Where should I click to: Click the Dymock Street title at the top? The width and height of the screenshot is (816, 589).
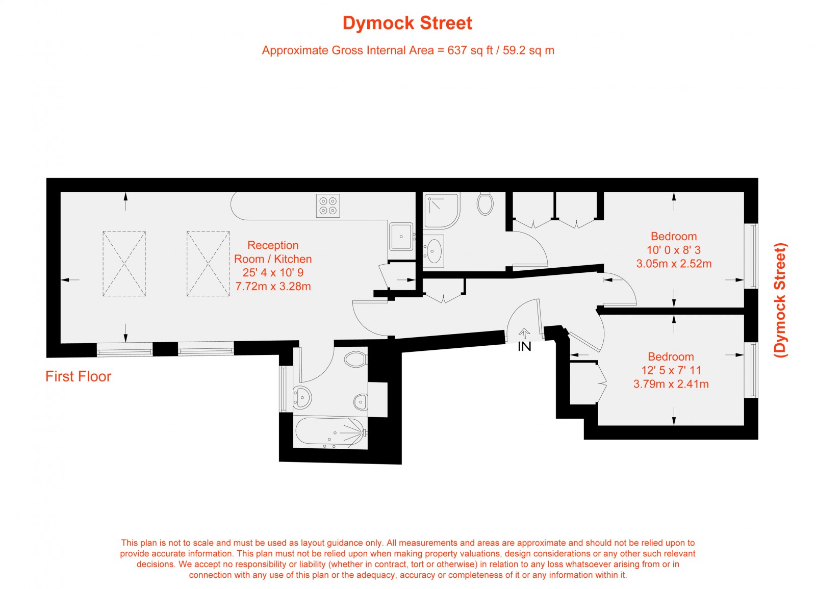[407, 23]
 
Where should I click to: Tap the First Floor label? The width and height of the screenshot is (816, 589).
[78, 376]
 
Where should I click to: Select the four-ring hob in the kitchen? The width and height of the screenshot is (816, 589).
[328, 206]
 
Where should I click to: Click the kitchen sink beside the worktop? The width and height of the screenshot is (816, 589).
[401, 236]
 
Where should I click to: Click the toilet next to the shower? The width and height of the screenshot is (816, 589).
[484, 203]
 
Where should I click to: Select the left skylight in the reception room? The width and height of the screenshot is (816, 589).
[124, 264]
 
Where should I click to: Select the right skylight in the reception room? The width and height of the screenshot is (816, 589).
[208, 264]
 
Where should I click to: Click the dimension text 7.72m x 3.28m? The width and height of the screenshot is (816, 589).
[273, 287]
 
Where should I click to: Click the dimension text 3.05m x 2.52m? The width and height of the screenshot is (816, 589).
[674, 264]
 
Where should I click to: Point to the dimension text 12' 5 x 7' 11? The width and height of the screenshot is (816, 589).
[671, 370]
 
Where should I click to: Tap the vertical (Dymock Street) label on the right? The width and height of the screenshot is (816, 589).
[780, 300]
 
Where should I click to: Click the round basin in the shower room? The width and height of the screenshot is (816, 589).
[434, 251]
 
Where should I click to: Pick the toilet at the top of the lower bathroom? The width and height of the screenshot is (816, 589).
[355, 360]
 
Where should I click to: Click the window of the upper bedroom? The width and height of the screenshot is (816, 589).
[751, 256]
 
